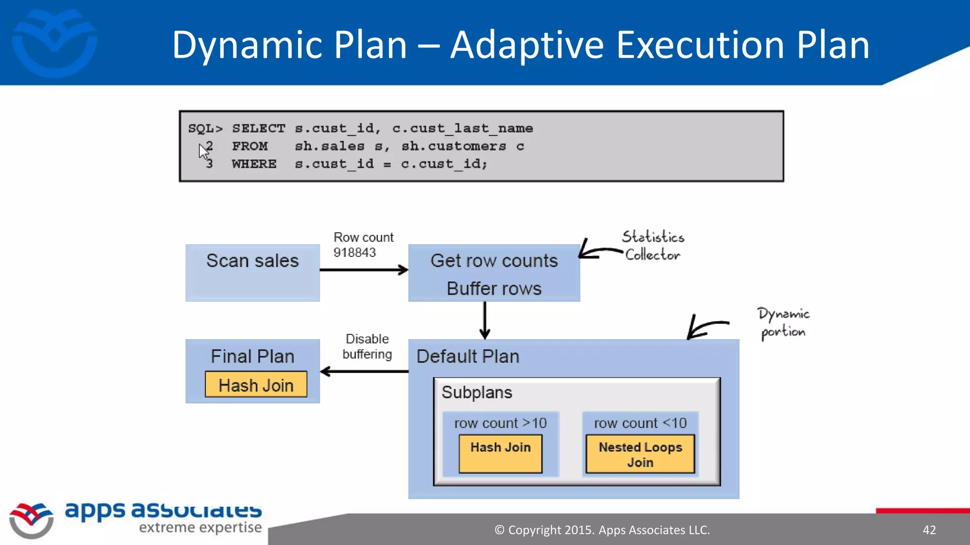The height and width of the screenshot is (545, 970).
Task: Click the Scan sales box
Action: [x=252, y=272]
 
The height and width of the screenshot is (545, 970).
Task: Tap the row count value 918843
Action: [x=354, y=253]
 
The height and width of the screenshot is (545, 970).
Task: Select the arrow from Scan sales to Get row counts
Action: [x=363, y=270]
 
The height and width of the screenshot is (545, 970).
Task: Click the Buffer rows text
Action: [x=494, y=289]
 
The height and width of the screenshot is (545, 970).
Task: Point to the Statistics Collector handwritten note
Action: [x=653, y=246]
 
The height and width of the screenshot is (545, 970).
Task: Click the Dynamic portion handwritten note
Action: [x=783, y=323]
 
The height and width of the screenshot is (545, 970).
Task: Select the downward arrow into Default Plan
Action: [x=485, y=320]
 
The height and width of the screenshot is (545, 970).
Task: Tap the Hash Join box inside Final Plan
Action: [x=256, y=385]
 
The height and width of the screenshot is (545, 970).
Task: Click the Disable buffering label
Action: [x=367, y=346]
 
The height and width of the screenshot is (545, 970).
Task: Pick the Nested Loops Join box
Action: [x=640, y=454]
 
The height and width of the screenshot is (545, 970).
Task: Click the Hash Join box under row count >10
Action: [x=500, y=454]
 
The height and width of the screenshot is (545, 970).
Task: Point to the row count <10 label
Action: [x=640, y=423]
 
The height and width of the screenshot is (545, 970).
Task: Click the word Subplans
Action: [x=476, y=393]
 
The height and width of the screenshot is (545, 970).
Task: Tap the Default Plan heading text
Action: [x=467, y=356]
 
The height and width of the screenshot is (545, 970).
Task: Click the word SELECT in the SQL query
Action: [x=259, y=129]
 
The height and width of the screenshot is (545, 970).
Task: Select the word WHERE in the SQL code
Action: [x=254, y=164]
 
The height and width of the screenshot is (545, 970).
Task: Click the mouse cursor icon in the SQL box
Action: [x=203, y=151]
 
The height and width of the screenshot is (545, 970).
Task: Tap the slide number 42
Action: [x=929, y=530]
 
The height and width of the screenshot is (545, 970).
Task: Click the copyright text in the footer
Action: [x=602, y=530]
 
